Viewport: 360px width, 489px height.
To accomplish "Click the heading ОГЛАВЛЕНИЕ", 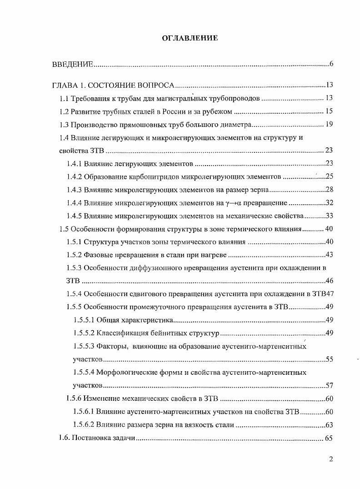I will (190, 38).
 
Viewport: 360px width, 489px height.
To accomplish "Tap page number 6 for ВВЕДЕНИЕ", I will (331, 64).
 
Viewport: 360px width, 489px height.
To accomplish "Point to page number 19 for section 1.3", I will (329, 125).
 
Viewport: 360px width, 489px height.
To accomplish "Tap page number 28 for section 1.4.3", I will (330, 190).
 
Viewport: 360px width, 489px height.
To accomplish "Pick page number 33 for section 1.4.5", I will (330, 216).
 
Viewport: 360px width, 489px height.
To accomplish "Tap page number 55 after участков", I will (330, 359).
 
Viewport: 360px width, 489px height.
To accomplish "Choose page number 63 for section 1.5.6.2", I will (330, 425).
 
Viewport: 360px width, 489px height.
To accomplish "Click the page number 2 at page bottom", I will (331, 459).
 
